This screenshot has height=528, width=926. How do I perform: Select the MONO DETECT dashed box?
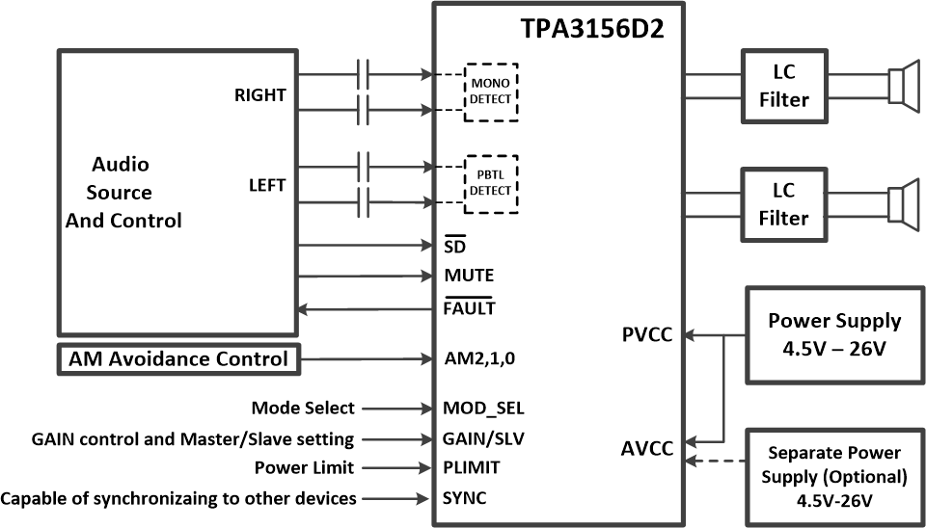(491, 92)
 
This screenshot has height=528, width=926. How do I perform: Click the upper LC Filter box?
(783, 86)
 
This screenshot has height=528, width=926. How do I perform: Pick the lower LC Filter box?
(783, 205)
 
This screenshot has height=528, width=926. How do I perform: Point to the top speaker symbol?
(903, 85)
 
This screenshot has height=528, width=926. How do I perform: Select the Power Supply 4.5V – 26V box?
(834, 333)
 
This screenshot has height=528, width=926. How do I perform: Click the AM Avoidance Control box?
(178, 359)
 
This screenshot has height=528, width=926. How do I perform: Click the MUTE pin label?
(469, 276)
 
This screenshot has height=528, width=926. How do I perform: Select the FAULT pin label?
(469, 308)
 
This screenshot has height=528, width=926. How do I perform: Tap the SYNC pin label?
(465, 498)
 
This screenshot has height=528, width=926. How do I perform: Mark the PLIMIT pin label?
(472, 467)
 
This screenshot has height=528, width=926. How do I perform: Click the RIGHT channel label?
(259, 95)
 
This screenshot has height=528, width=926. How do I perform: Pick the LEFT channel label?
(266, 185)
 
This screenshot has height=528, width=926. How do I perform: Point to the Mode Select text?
(302, 409)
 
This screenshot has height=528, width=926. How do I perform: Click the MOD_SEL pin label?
(484, 409)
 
